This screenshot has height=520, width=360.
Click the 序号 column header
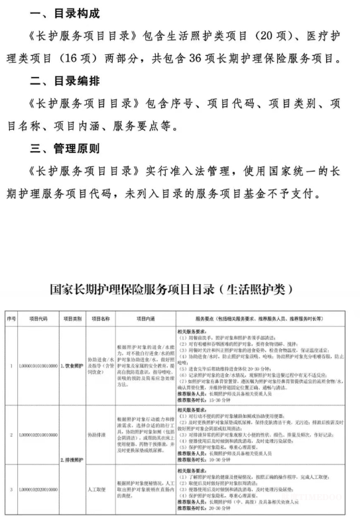click(11, 319)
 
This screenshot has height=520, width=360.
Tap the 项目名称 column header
click(100, 319)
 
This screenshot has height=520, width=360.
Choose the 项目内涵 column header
click(145, 319)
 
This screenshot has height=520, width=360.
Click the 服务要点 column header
click(265, 319)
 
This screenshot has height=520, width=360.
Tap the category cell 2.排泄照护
click(72, 458)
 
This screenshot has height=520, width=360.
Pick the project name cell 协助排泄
click(100, 435)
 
